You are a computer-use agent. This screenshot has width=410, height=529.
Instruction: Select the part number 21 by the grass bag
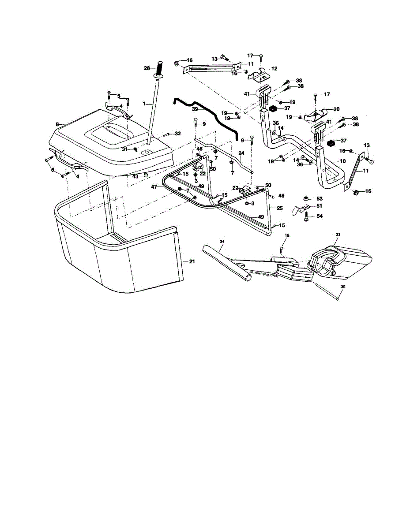pyautogui.click(x=192, y=262)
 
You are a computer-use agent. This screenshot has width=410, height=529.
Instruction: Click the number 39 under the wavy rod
pyautogui.click(x=195, y=109)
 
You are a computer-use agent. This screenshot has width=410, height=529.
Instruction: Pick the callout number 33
pyautogui.click(x=339, y=235)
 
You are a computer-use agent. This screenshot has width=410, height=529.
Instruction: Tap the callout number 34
pyautogui.click(x=222, y=241)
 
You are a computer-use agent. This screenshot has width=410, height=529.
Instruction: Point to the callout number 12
pyautogui.click(x=274, y=69)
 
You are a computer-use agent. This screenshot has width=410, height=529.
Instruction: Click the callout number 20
pyautogui.click(x=336, y=109)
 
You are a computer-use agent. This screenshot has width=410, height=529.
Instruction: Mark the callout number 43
pyautogui.click(x=135, y=176)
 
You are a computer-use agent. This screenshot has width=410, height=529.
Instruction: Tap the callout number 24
pyautogui.click(x=241, y=153)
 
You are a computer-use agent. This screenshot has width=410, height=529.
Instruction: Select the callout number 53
pyautogui.click(x=320, y=199)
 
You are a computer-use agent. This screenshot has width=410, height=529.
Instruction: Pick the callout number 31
pyautogui.click(x=125, y=149)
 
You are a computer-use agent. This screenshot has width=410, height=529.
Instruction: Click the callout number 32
pyautogui.click(x=177, y=134)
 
